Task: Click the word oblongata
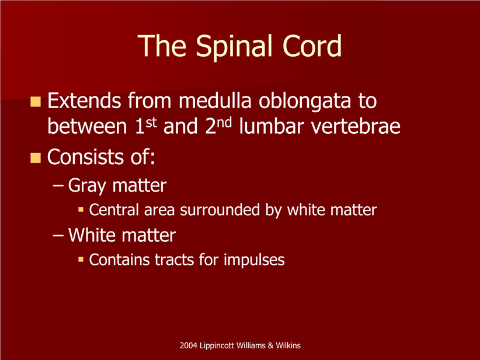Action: (x=305, y=102)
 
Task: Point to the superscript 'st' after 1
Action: (x=151, y=122)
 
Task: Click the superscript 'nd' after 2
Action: (x=225, y=122)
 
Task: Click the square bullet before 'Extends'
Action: (x=36, y=102)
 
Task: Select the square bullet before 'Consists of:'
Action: (x=36, y=158)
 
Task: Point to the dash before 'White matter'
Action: (x=58, y=236)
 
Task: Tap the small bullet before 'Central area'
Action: (x=81, y=210)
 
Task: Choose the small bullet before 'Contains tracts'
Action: (x=81, y=259)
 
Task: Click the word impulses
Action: (x=254, y=261)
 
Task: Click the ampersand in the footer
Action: (x=270, y=345)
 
